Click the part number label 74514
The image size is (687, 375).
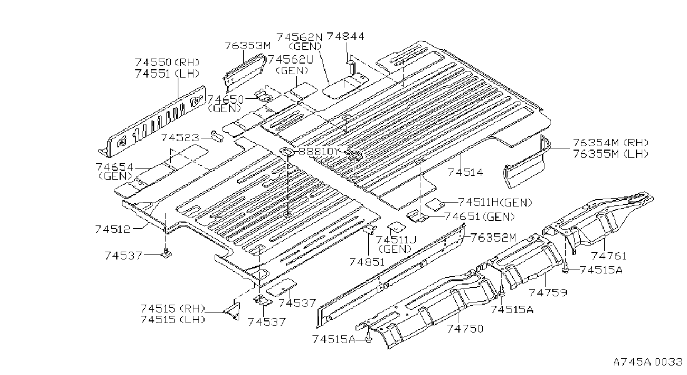(465, 172)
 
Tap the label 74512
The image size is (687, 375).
(112, 229)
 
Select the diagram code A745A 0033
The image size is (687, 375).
(648, 362)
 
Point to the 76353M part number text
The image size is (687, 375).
(248, 46)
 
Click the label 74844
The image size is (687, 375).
(345, 37)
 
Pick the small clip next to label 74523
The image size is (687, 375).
(216, 137)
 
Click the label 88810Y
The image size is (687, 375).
(319, 151)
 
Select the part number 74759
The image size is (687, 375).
(547, 292)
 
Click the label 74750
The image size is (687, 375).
(465, 329)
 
